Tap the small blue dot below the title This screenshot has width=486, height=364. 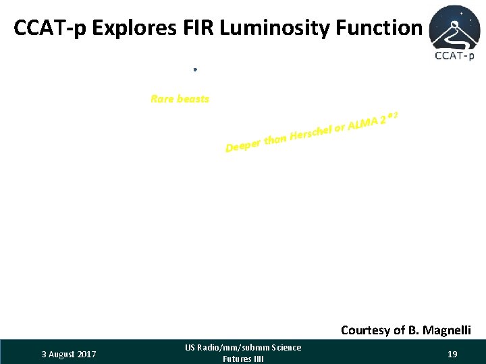click(194, 69)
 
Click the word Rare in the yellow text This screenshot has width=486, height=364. click(162, 99)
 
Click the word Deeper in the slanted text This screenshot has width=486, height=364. click(243, 145)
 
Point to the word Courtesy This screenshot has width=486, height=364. click(365, 330)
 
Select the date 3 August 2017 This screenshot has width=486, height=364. click(69, 354)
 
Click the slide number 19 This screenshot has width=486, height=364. click(452, 353)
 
